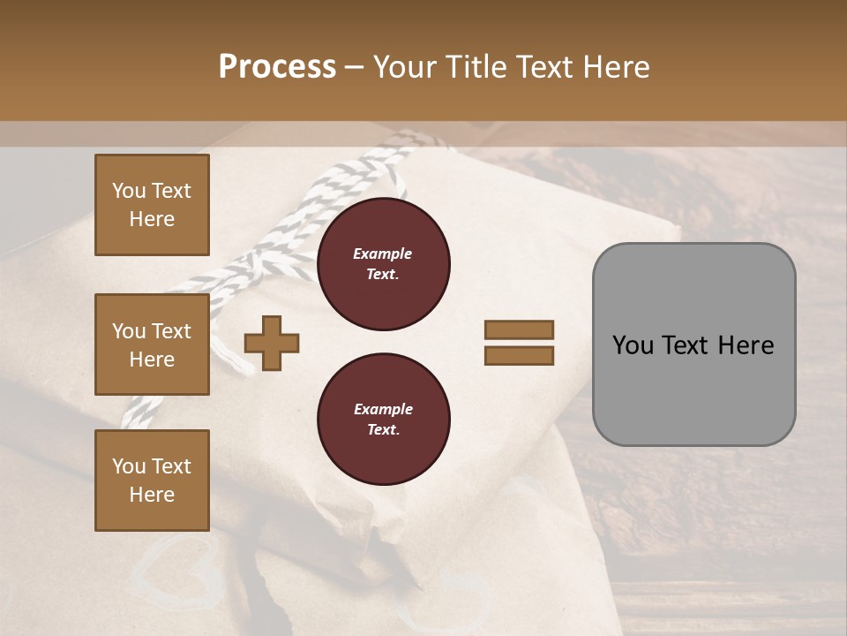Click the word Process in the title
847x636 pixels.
pyautogui.click(x=277, y=66)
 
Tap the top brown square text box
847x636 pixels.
pyautogui.click(x=152, y=205)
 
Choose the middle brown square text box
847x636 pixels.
pyautogui.click(x=152, y=344)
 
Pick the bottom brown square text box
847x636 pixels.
pyautogui.click(x=152, y=480)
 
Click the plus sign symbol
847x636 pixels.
pyautogui.click(x=271, y=343)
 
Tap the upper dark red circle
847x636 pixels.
pyautogui.click(x=383, y=264)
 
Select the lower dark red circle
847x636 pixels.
pyautogui.click(x=383, y=420)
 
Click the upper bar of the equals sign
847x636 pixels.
pyautogui.click(x=519, y=329)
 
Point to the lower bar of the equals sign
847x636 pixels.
pyautogui.click(x=519, y=355)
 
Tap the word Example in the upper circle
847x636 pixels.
pyautogui.click(x=383, y=254)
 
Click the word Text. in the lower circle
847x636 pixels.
pyautogui.click(x=383, y=429)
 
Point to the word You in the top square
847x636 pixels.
pyautogui.click(x=129, y=191)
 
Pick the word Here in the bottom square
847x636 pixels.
pyautogui.click(x=152, y=495)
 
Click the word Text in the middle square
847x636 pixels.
pyautogui.click(x=171, y=331)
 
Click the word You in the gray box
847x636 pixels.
pyautogui.click(x=633, y=345)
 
